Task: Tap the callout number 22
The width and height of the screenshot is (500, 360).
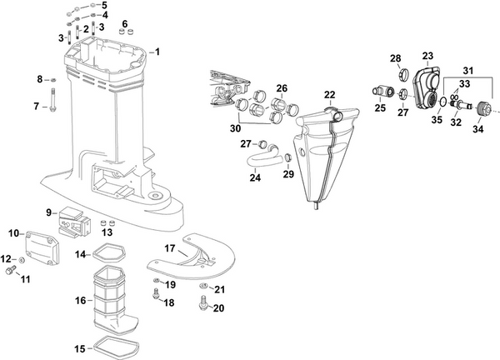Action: click(330, 94)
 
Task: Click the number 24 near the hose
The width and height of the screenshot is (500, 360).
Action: click(254, 176)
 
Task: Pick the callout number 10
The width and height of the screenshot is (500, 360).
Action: click(13, 232)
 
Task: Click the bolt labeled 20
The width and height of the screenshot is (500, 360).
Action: click(201, 306)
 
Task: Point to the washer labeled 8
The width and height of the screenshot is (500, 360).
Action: click(52, 80)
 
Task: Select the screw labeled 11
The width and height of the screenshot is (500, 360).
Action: click(11, 271)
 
